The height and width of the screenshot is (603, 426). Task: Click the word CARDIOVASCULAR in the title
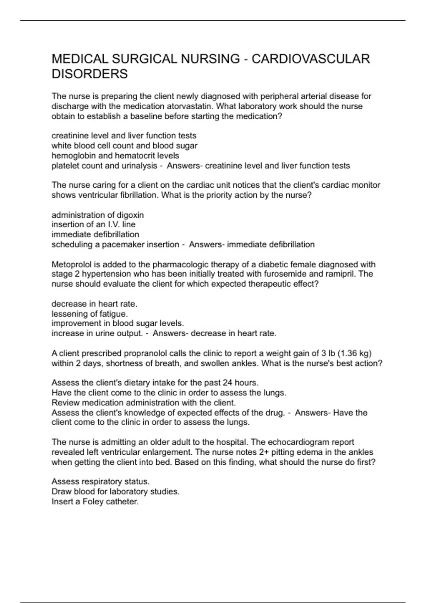tap(311, 59)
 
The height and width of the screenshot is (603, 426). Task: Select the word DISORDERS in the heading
tap(89, 74)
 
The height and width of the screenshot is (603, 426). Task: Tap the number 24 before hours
tap(227, 383)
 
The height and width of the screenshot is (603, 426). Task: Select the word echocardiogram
tap(297, 442)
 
